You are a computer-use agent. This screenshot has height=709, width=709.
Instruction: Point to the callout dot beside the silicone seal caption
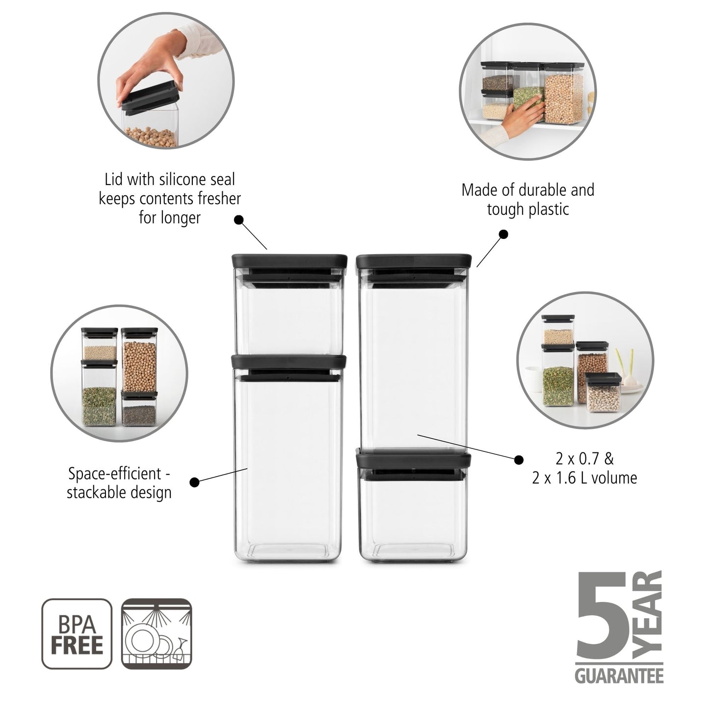click(x=239, y=220)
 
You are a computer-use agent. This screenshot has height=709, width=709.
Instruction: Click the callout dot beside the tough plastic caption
click(x=503, y=234)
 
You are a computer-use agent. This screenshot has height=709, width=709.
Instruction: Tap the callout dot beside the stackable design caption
click(x=194, y=482)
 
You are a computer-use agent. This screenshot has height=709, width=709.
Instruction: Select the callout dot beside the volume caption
click(x=519, y=459)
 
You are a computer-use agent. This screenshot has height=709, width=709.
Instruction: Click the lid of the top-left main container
click(x=289, y=261)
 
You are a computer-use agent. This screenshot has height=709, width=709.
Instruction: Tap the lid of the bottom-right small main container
click(x=414, y=461)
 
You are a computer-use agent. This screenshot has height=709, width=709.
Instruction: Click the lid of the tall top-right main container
click(x=414, y=261)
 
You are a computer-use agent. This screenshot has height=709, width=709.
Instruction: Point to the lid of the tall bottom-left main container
click(x=289, y=362)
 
